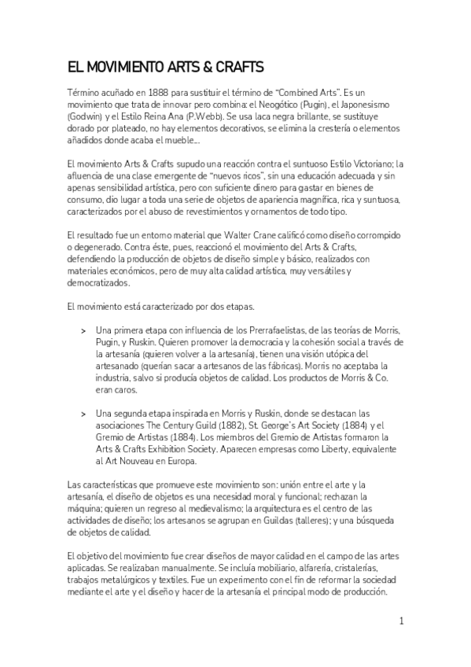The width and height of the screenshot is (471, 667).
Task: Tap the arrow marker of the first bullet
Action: tap(83, 330)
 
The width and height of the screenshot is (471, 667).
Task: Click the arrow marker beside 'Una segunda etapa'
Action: tap(83, 414)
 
